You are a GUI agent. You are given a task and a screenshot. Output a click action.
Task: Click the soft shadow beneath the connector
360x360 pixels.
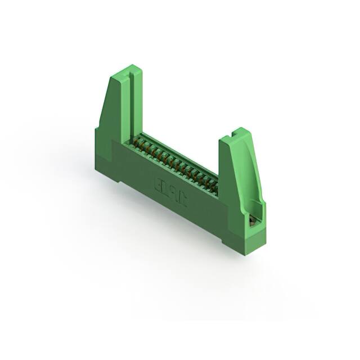point(169,247)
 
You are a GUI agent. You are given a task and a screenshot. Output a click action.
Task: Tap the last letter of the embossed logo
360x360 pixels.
point(182,193)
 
